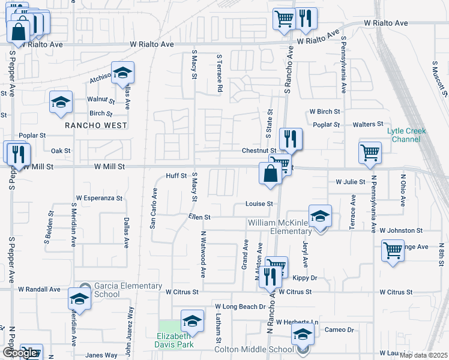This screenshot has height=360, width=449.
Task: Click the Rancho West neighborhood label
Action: pyautogui.click(x=96, y=125)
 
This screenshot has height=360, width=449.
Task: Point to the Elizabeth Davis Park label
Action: pyautogui.click(x=175, y=340)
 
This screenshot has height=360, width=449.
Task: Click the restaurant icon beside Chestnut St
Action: pyautogui.click(x=291, y=139)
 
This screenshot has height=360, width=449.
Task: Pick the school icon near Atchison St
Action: pyautogui.click(x=123, y=74)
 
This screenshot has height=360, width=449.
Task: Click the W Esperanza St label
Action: pyautogui.click(x=99, y=197)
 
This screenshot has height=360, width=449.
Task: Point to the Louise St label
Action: pyautogui.click(x=259, y=204)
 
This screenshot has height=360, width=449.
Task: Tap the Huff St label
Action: pyautogui.click(x=177, y=176)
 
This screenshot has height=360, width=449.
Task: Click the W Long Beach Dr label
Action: pyautogui.click(x=240, y=307)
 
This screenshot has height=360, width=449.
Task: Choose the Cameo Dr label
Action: pyautogui.click(x=339, y=330)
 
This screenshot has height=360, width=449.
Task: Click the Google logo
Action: pyautogui.click(x=20, y=353)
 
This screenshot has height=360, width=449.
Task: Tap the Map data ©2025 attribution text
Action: pyautogui.click(x=423, y=355)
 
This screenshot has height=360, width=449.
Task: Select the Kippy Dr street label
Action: pyautogui.click(x=304, y=278)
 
